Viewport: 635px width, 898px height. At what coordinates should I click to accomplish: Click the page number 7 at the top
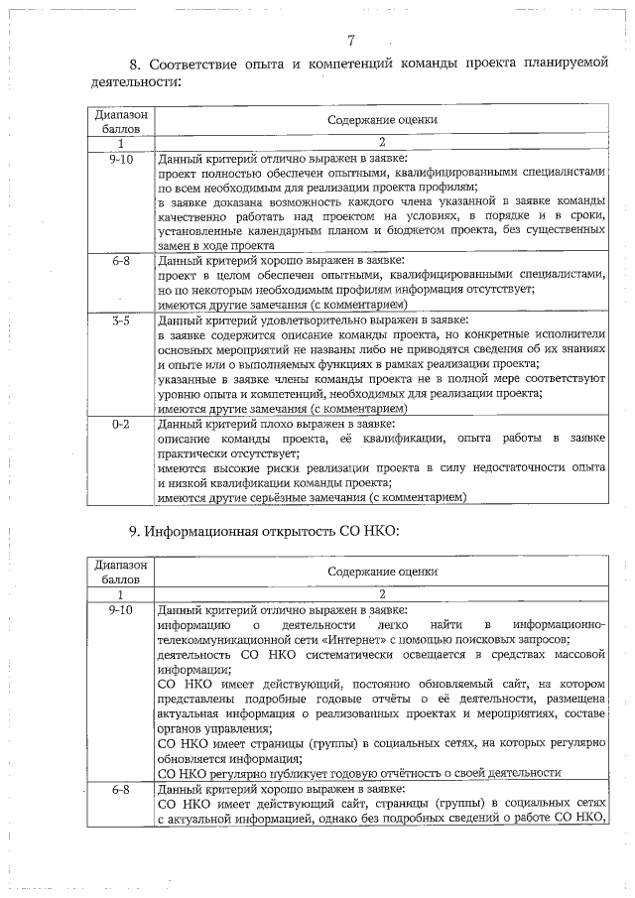click(351, 41)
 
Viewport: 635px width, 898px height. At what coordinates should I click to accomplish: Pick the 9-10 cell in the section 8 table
click(121, 158)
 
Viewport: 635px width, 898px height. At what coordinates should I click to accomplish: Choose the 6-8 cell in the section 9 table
click(121, 789)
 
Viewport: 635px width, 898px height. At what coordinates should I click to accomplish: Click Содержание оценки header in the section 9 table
click(382, 572)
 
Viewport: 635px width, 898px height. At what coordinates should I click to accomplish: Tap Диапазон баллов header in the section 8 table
click(121, 121)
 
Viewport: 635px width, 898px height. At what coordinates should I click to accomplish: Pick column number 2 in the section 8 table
click(382, 143)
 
